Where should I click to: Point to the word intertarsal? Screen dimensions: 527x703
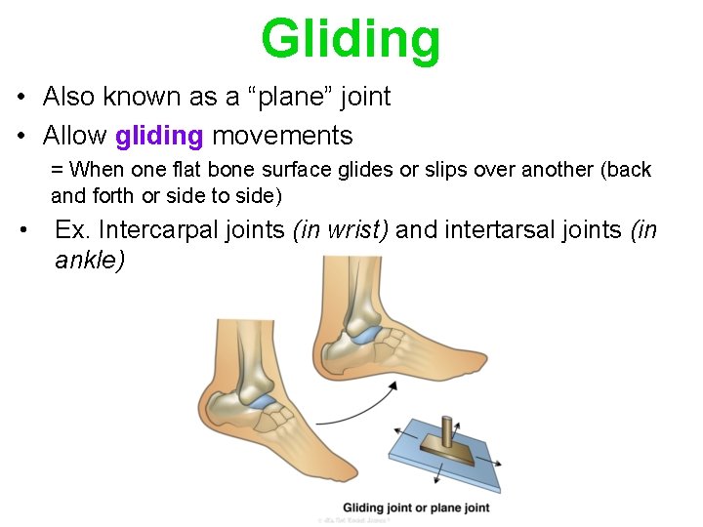(x=499, y=230)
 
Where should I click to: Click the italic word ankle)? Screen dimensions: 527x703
(x=91, y=261)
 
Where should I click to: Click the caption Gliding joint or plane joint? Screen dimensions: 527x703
(x=416, y=507)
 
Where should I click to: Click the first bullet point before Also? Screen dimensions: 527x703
(x=21, y=98)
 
